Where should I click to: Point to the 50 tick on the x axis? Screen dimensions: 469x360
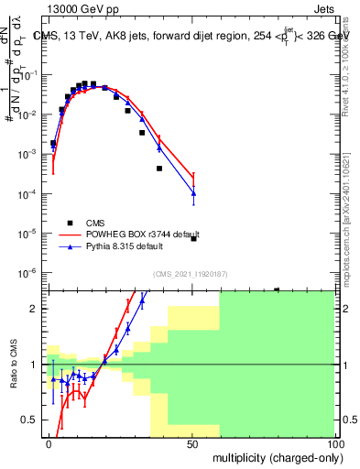[192, 442]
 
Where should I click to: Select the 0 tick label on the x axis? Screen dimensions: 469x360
[49, 442]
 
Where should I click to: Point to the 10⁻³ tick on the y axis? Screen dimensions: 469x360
[32, 155]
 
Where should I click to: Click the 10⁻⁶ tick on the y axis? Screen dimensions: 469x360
[32, 273]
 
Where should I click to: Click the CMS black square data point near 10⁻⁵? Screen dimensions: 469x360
[193, 238]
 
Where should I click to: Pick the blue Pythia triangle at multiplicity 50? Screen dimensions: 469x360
[193, 193]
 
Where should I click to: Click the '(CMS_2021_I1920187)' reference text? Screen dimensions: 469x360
[190, 274]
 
